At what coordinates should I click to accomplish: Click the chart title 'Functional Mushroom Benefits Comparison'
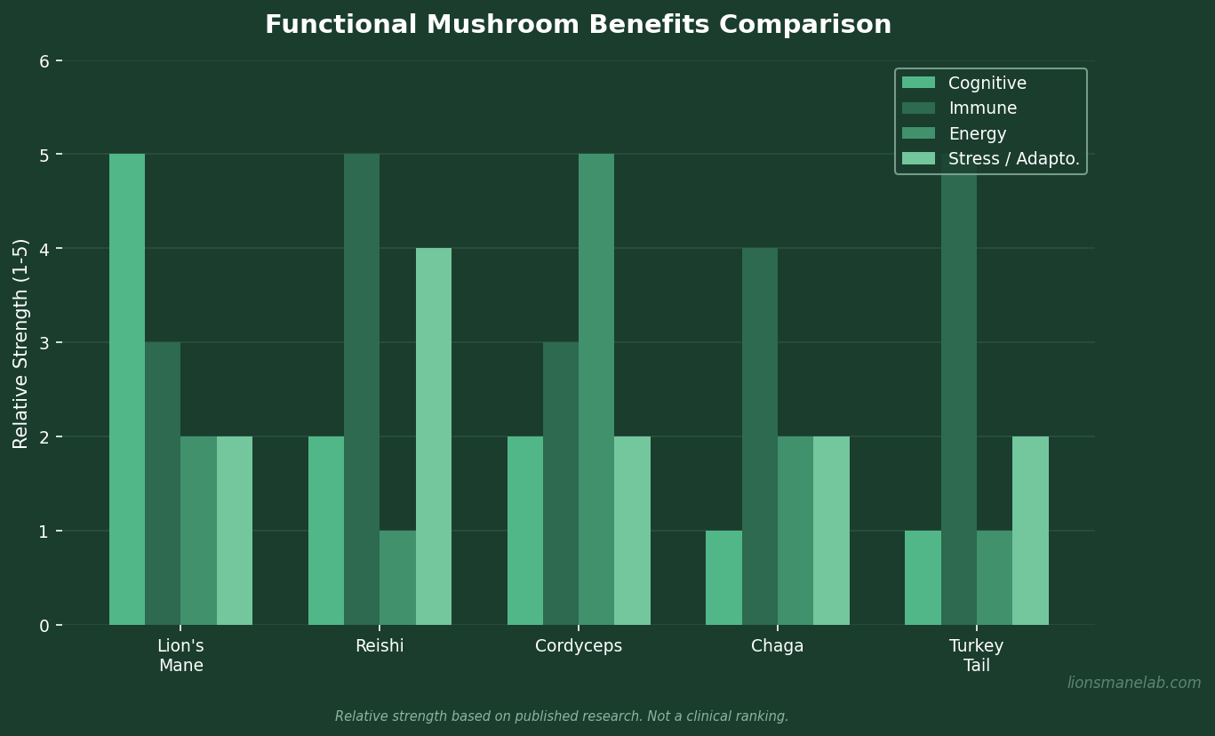click(x=578, y=25)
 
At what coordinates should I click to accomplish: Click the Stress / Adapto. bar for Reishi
click(x=434, y=436)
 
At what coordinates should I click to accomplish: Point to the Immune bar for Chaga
click(x=760, y=436)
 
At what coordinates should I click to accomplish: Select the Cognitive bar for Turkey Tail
click(x=923, y=578)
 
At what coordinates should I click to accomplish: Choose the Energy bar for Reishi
click(x=397, y=578)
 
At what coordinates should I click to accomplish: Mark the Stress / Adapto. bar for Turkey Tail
click(x=1030, y=531)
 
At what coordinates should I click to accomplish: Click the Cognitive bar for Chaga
click(x=723, y=578)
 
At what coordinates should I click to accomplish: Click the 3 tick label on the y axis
click(x=44, y=343)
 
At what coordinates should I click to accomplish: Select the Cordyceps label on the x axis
click(x=579, y=646)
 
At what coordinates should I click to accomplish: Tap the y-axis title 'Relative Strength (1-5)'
click(x=21, y=343)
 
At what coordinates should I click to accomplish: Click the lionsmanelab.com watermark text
click(x=1134, y=683)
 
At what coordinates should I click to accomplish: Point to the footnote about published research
click(x=562, y=716)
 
